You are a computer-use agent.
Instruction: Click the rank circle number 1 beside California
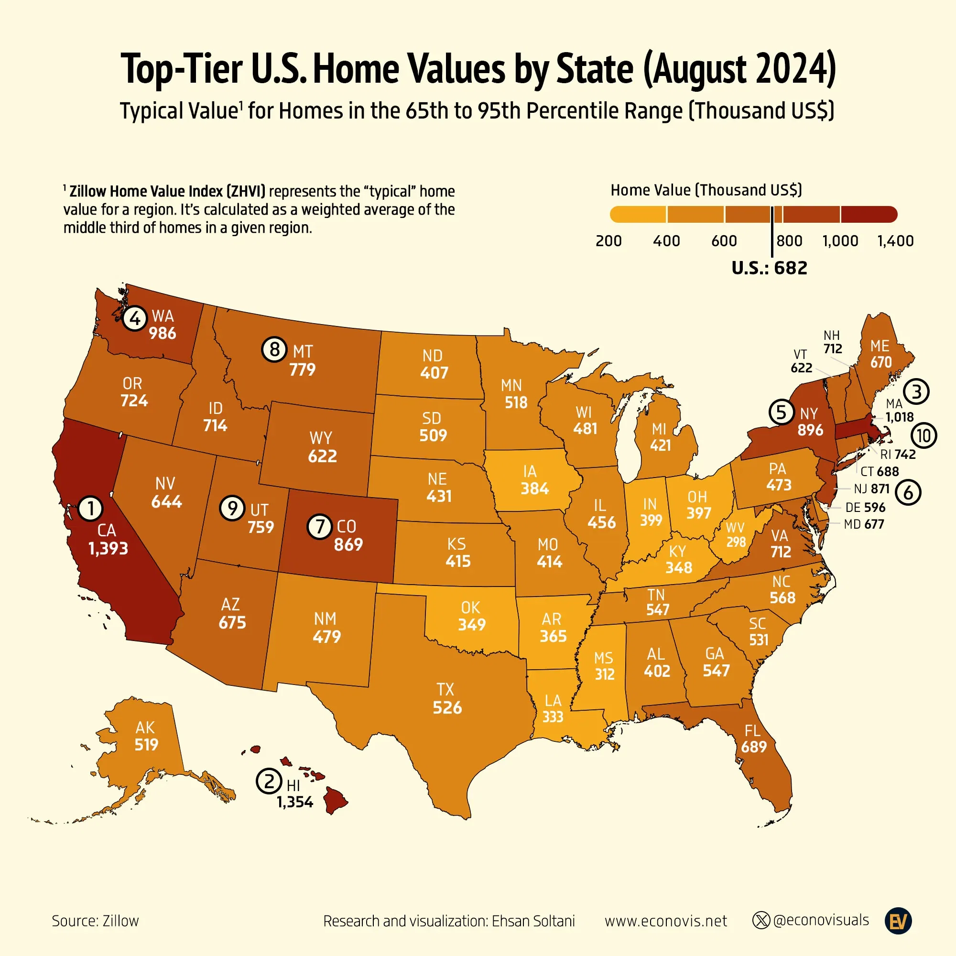coord(90,508)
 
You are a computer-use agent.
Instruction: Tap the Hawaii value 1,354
coord(295,802)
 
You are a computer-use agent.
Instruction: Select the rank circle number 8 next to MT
coord(274,350)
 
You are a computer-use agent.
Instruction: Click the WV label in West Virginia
coord(735,528)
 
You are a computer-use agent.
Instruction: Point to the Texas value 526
coord(447,707)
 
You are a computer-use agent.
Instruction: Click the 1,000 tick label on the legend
coord(840,241)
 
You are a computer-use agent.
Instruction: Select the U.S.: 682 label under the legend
coord(770,268)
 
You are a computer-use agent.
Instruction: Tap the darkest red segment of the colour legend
coord(869,214)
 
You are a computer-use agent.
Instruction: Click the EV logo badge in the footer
coord(898,922)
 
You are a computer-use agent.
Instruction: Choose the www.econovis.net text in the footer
coord(665,922)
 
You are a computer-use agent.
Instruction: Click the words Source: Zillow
coord(96,922)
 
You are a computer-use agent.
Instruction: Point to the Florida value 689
coord(754,747)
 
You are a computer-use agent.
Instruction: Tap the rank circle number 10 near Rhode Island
coord(924,436)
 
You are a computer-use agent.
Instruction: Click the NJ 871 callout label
coord(872,489)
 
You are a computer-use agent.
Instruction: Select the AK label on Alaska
coord(145,728)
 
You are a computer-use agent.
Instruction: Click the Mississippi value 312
coord(605,674)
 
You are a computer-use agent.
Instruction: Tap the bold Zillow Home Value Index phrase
coord(167,192)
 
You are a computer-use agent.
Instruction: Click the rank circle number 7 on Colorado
coord(320,526)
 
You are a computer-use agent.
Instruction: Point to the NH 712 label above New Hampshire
coord(832,342)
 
